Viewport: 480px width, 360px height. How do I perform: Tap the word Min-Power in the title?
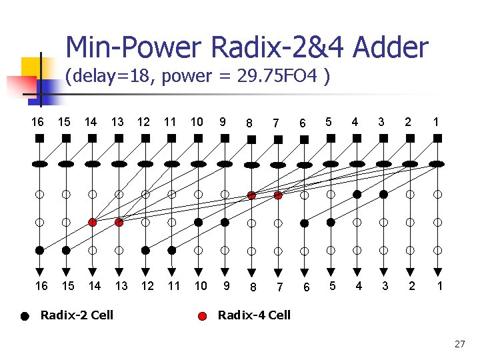134,47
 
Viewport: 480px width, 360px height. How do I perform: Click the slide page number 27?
459,344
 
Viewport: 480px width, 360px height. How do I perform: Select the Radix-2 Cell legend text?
77,315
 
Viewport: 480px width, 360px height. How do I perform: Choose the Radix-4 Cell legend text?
254,315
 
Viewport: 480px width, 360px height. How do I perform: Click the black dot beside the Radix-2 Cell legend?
25,317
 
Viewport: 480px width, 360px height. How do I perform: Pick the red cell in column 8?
251,195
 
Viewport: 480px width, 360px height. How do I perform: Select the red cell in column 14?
93,222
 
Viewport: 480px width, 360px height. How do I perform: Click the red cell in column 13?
119,222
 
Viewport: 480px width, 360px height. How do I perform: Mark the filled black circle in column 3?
383,195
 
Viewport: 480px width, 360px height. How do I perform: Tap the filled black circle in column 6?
304,222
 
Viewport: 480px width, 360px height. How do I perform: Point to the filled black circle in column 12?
145,250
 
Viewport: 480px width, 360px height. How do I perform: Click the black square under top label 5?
330,139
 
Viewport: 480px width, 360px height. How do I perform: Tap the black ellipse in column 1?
437,163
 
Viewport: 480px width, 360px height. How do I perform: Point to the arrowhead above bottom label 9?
225,270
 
